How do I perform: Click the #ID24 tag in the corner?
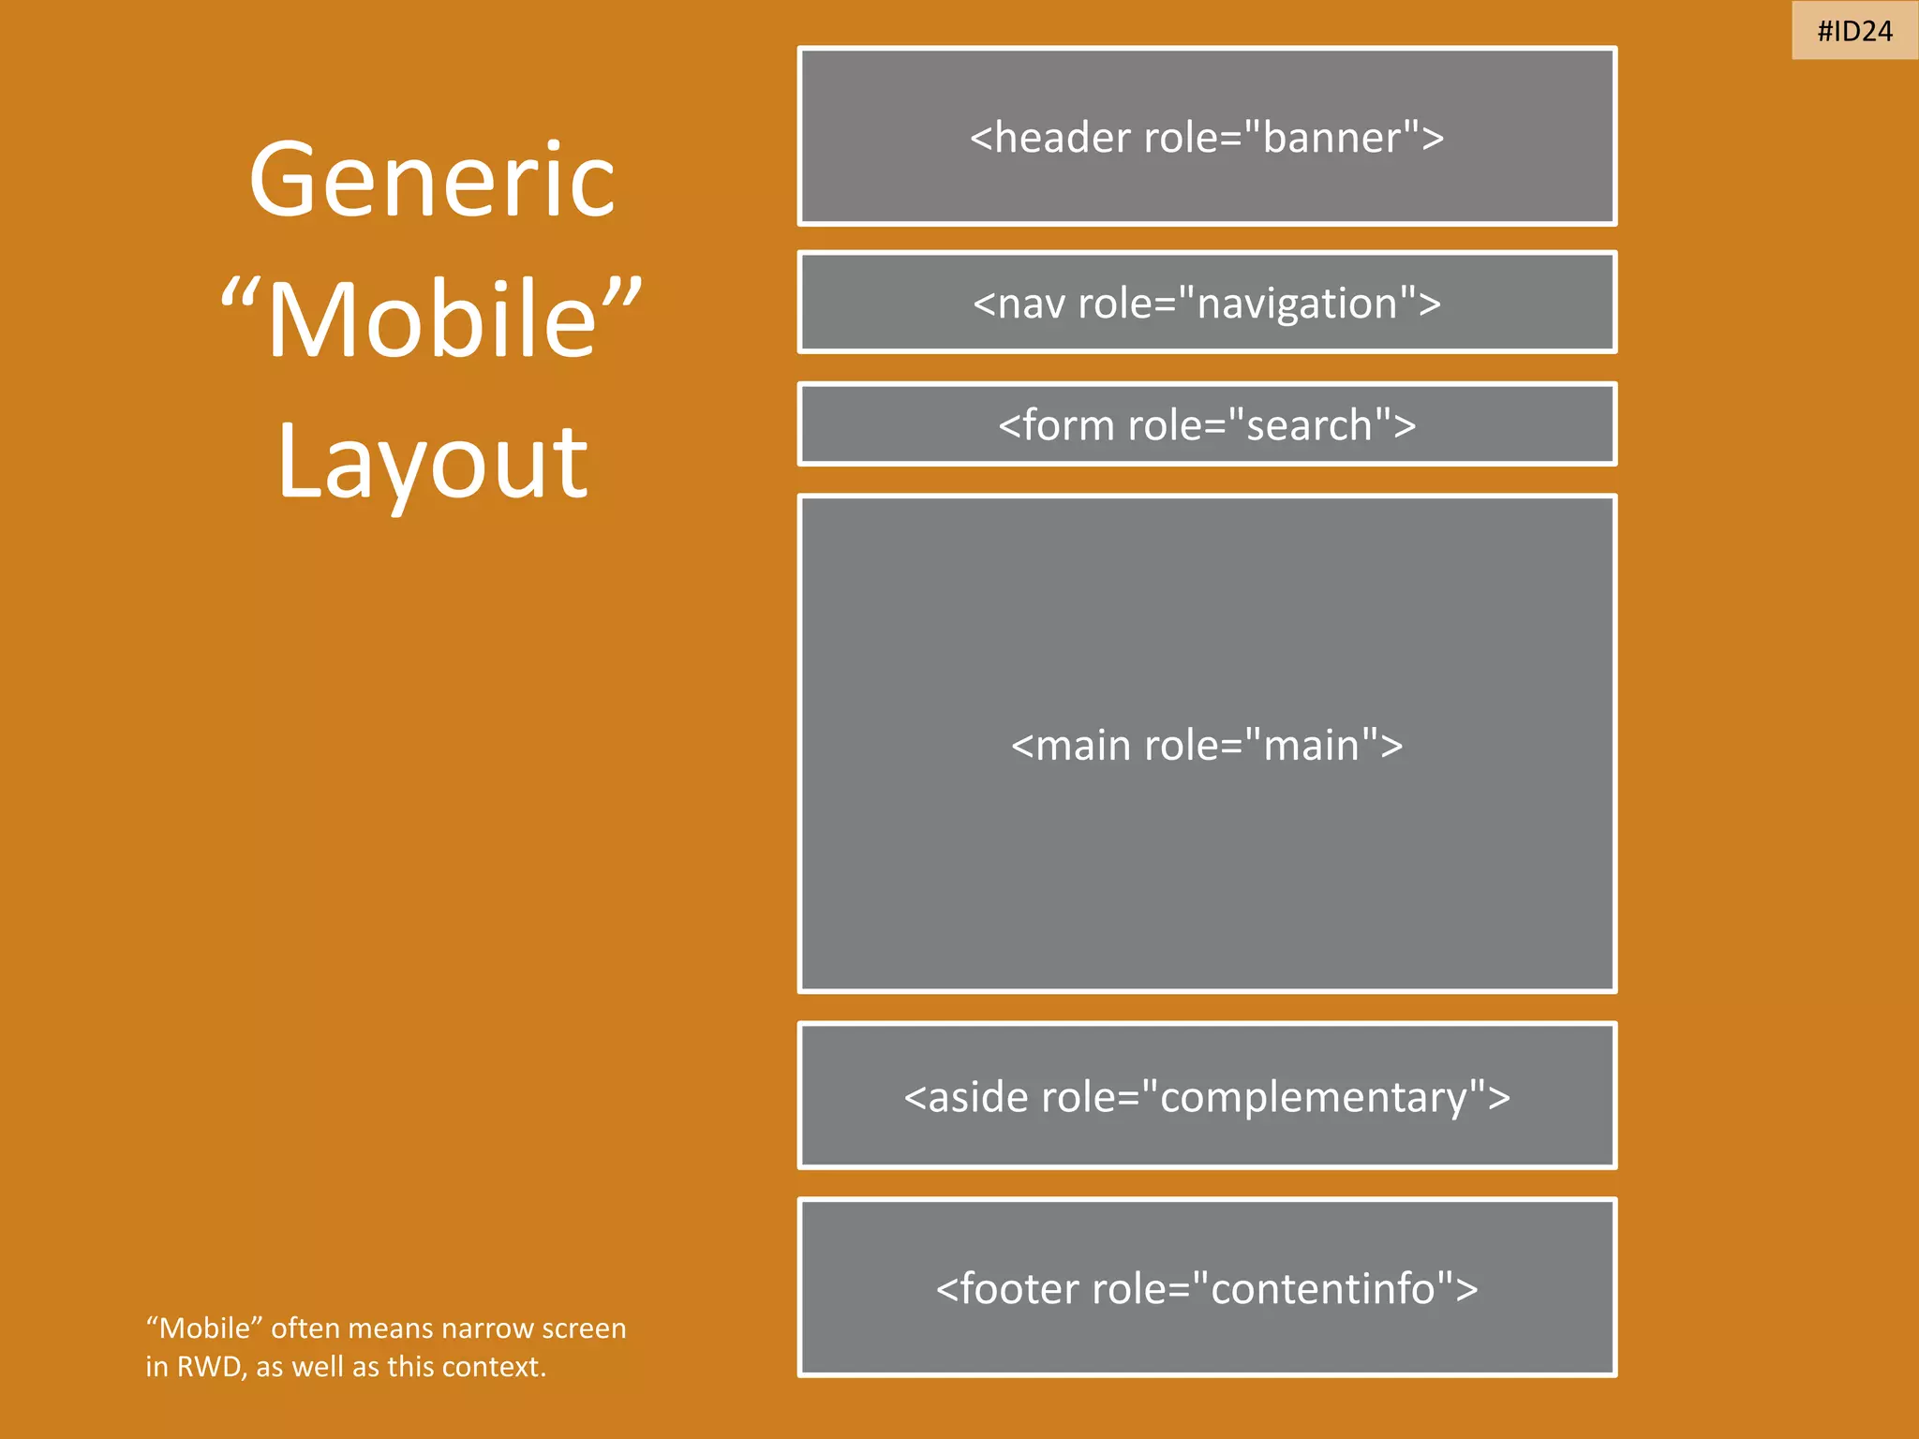click(x=1854, y=31)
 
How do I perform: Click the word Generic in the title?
click(x=432, y=180)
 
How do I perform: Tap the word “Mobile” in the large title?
click(x=432, y=319)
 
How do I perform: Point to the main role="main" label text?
click(x=1207, y=746)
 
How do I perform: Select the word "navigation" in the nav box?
click(x=1297, y=304)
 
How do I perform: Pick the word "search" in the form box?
click(x=1309, y=426)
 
